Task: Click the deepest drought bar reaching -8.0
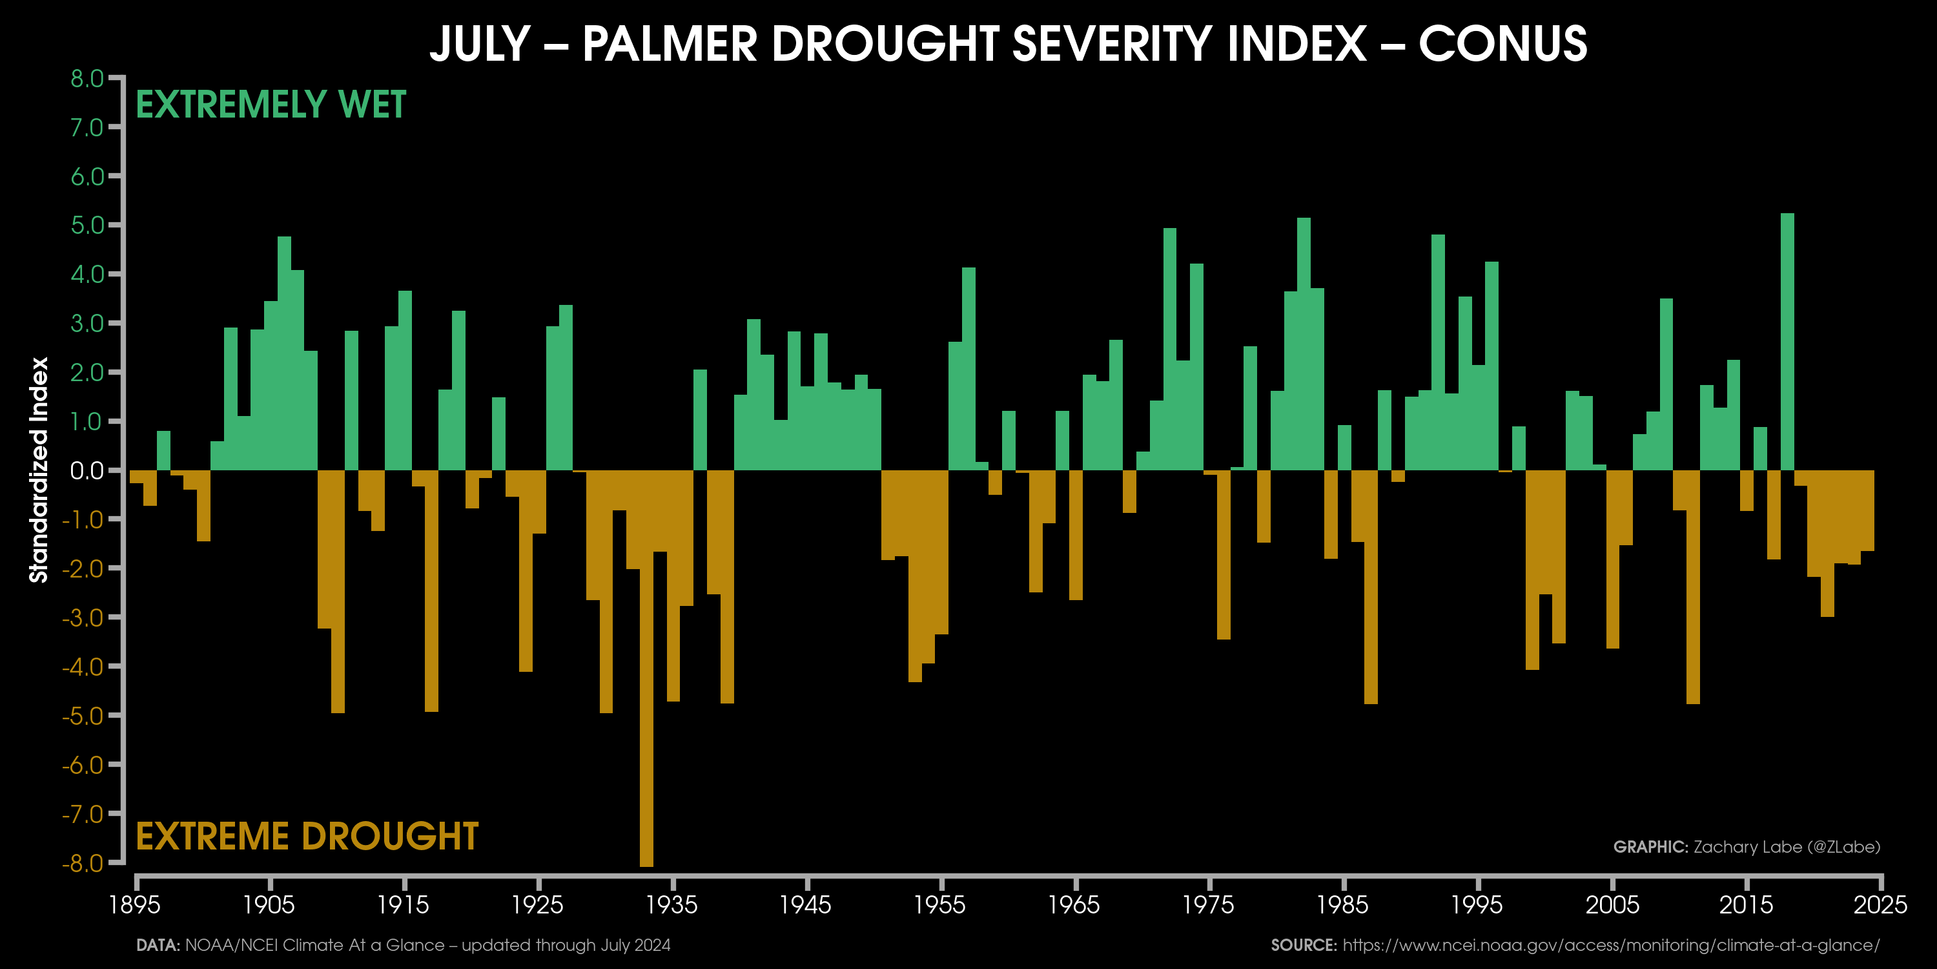(647, 669)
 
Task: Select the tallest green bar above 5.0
(1787, 342)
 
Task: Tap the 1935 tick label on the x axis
(672, 904)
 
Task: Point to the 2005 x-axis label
(1612, 904)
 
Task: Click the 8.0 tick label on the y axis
(87, 78)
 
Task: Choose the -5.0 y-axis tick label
(83, 716)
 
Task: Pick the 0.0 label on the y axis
(87, 471)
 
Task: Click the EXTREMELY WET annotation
(271, 105)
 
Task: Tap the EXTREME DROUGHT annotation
(307, 837)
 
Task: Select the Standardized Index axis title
(38, 470)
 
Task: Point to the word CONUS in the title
(1502, 44)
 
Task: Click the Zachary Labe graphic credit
(1746, 847)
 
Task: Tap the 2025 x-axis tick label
(1880, 904)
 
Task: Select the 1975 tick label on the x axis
(1209, 904)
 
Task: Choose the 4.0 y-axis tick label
(87, 275)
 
